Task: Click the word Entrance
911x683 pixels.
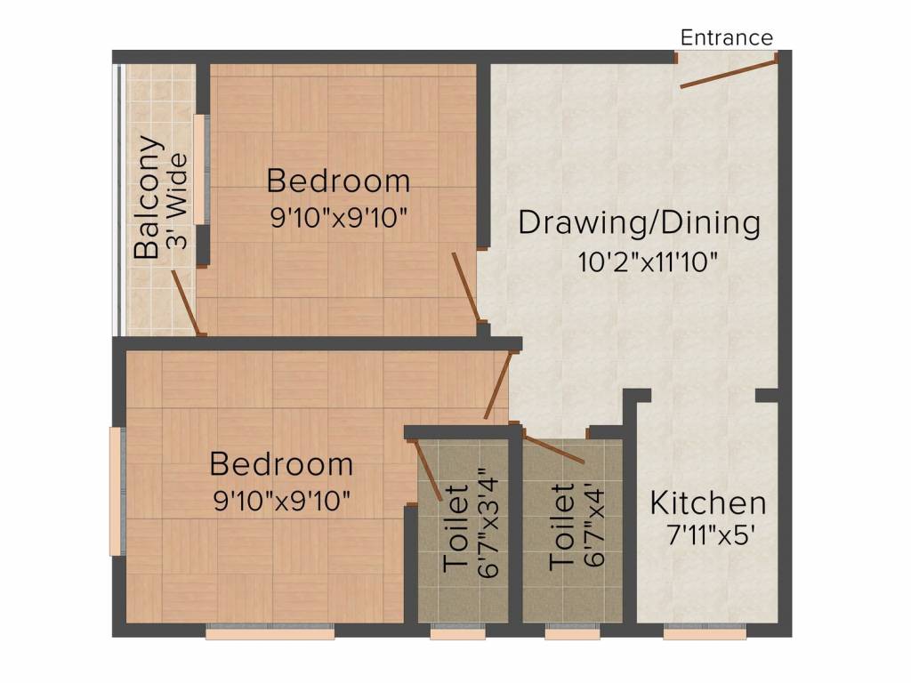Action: (x=726, y=37)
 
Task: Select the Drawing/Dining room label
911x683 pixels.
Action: (x=639, y=222)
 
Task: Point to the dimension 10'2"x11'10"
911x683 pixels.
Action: (x=647, y=262)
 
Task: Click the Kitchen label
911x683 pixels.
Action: (x=708, y=502)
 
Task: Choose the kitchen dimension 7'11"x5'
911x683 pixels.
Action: (x=708, y=536)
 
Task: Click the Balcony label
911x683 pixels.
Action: (x=149, y=197)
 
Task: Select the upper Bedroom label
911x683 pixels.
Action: (x=339, y=181)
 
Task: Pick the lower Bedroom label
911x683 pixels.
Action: (x=281, y=464)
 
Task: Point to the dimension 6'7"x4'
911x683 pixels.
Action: (x=593, y=525)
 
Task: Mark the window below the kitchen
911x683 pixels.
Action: (x=705, y=633)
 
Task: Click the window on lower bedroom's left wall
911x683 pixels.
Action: (x=117, y=490)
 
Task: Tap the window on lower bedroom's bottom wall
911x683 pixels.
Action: (x=270, y=633)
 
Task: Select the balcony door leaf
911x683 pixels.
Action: (x=185, y=301)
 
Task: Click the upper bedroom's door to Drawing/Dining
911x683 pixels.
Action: (x=465, y=286)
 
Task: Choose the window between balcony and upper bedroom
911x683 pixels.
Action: (x=203, y=169)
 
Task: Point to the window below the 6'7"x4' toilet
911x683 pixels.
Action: (x=572, y=633)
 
